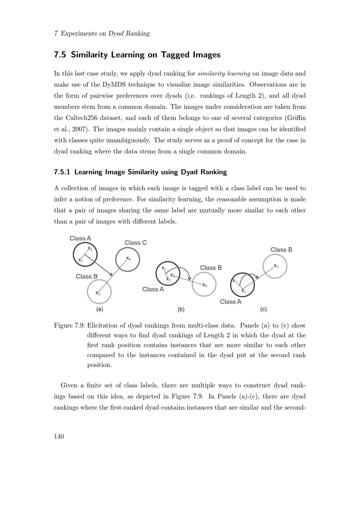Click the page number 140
tap(59, 436)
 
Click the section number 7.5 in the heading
tap(60, 55)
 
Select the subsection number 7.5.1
tap(62, 172)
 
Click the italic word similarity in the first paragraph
tap(211, 73)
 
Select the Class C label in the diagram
tap(135, 243)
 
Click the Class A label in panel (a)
tap(80, 238)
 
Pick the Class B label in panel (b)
tap(211, 268)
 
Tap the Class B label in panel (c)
tap(281, 250)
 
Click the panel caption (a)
tap(99, 309)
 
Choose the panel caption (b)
tap(181, 309)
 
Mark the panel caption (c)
tap(263, 309)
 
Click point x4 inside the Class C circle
tap(128, 258)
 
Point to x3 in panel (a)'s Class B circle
tap(98, 293)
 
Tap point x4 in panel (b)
tap(204, 285)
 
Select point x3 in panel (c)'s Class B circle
tap(276, 266)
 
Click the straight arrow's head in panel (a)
tap(112, 275)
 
